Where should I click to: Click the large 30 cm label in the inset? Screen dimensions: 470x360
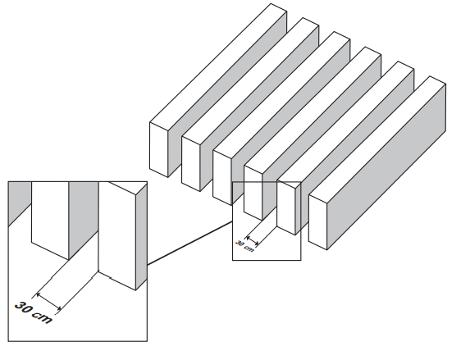click(34, 312)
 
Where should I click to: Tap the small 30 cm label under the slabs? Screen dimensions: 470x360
click(244, 246)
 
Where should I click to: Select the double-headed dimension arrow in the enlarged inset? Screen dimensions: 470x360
click(48, 302)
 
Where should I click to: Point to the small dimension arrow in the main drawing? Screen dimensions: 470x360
click(252, 241)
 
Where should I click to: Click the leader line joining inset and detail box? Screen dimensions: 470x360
click(189, 243)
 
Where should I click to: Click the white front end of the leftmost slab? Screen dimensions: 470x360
click(159, 149)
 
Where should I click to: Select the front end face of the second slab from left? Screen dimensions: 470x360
click(190, 164)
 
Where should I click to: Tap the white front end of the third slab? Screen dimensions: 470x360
click(222, 178)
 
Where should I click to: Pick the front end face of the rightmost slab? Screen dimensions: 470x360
click(317, 222)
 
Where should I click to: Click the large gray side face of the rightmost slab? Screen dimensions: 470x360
click(386, 166)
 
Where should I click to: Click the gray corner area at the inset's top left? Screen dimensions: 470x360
click(18, 198)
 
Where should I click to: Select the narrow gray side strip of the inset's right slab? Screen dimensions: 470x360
click(141, 237)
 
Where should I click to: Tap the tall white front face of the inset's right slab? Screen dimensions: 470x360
click(117, 235)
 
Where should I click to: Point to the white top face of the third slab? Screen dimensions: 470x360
click(282, 95)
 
